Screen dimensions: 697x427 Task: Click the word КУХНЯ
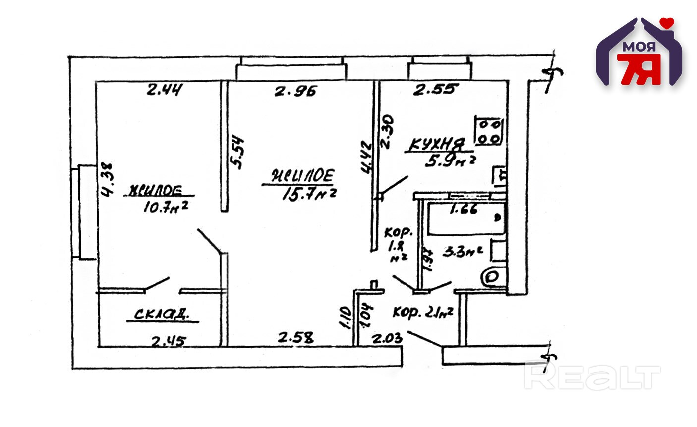pyautogui.click(x=436, y=145)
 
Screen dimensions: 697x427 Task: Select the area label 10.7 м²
pyautogui.click(x=165, y=206)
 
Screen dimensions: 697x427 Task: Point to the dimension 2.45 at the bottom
pyautogui.click(x=169, y=341)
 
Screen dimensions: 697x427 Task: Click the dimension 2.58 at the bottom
pyautogui.click(x=295, y=338)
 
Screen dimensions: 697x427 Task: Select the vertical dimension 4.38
pyautogui.click(x=108, y=180)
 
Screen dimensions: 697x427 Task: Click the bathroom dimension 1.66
pyautogui.click(x=463, y=209)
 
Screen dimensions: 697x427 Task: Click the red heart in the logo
pyautogui.click(x=669, y=22)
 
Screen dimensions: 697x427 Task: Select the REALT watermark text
pyautogui.click(x=592, y=377)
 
